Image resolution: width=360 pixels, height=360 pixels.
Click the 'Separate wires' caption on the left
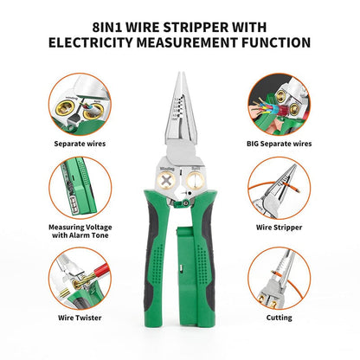(79, 143)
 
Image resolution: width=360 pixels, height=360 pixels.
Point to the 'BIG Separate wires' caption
(280, 143)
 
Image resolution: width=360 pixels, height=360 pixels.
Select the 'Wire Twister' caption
(79, 317)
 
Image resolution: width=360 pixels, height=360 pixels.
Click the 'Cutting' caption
(280, 317)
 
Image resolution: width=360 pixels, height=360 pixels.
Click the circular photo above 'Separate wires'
(80, 100)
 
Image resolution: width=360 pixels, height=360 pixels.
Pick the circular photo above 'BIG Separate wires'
(280, 100)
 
